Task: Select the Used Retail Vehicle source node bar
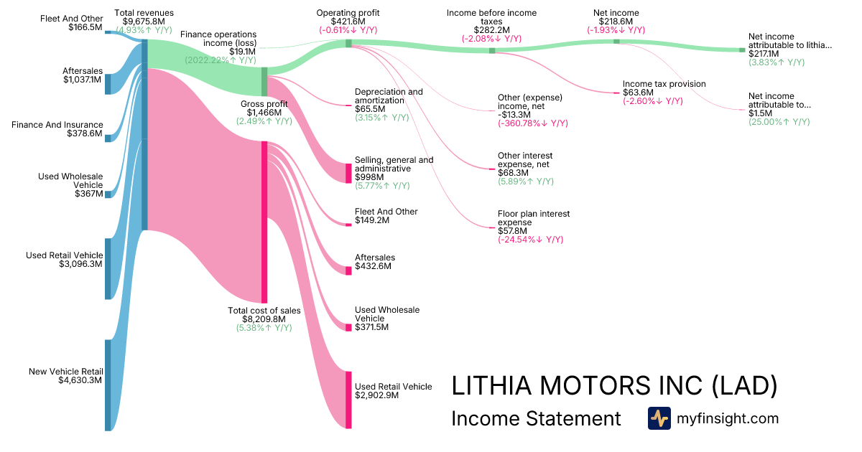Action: click(x=108, y=268)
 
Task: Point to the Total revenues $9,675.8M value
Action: click(x=144, y=22)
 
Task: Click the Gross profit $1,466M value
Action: click(x=264, y=113)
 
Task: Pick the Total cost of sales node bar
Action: click(x=264, y=222)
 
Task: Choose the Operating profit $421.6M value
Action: click(x=348, y=22)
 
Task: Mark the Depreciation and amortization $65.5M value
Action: click(x=370, y=109)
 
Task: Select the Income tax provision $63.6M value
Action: click(x=639, y=93)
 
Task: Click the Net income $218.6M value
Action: click(x=616, y=22)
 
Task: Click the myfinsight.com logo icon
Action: click(x=659, y=418)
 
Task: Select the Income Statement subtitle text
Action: click(x=536, y=419)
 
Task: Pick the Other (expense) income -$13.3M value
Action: click(x=516, y=115)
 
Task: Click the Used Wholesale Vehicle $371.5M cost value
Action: click(x=371, y=327)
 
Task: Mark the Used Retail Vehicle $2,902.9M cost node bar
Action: click(x=349, y=400)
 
